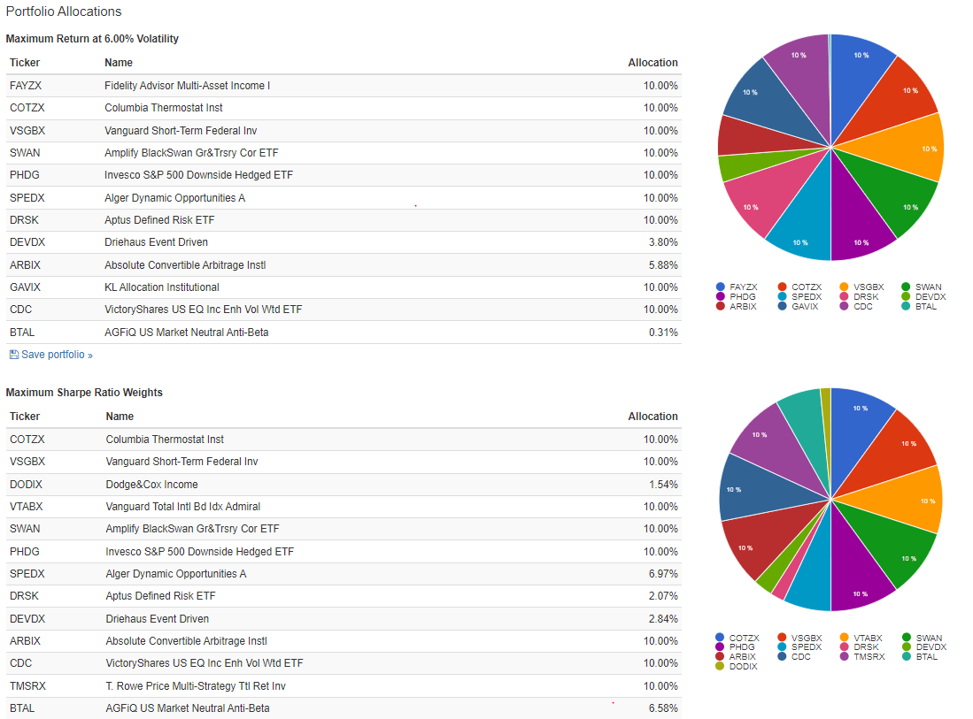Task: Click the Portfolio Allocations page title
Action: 64,11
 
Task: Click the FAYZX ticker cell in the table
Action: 25,86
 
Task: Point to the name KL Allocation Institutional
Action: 161,287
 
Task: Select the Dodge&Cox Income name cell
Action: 151,485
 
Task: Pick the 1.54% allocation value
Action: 662,485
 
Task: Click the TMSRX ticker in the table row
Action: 27,686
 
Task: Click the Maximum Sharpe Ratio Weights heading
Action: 84,393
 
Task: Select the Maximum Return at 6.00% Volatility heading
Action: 92,39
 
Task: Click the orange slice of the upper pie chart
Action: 916,148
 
